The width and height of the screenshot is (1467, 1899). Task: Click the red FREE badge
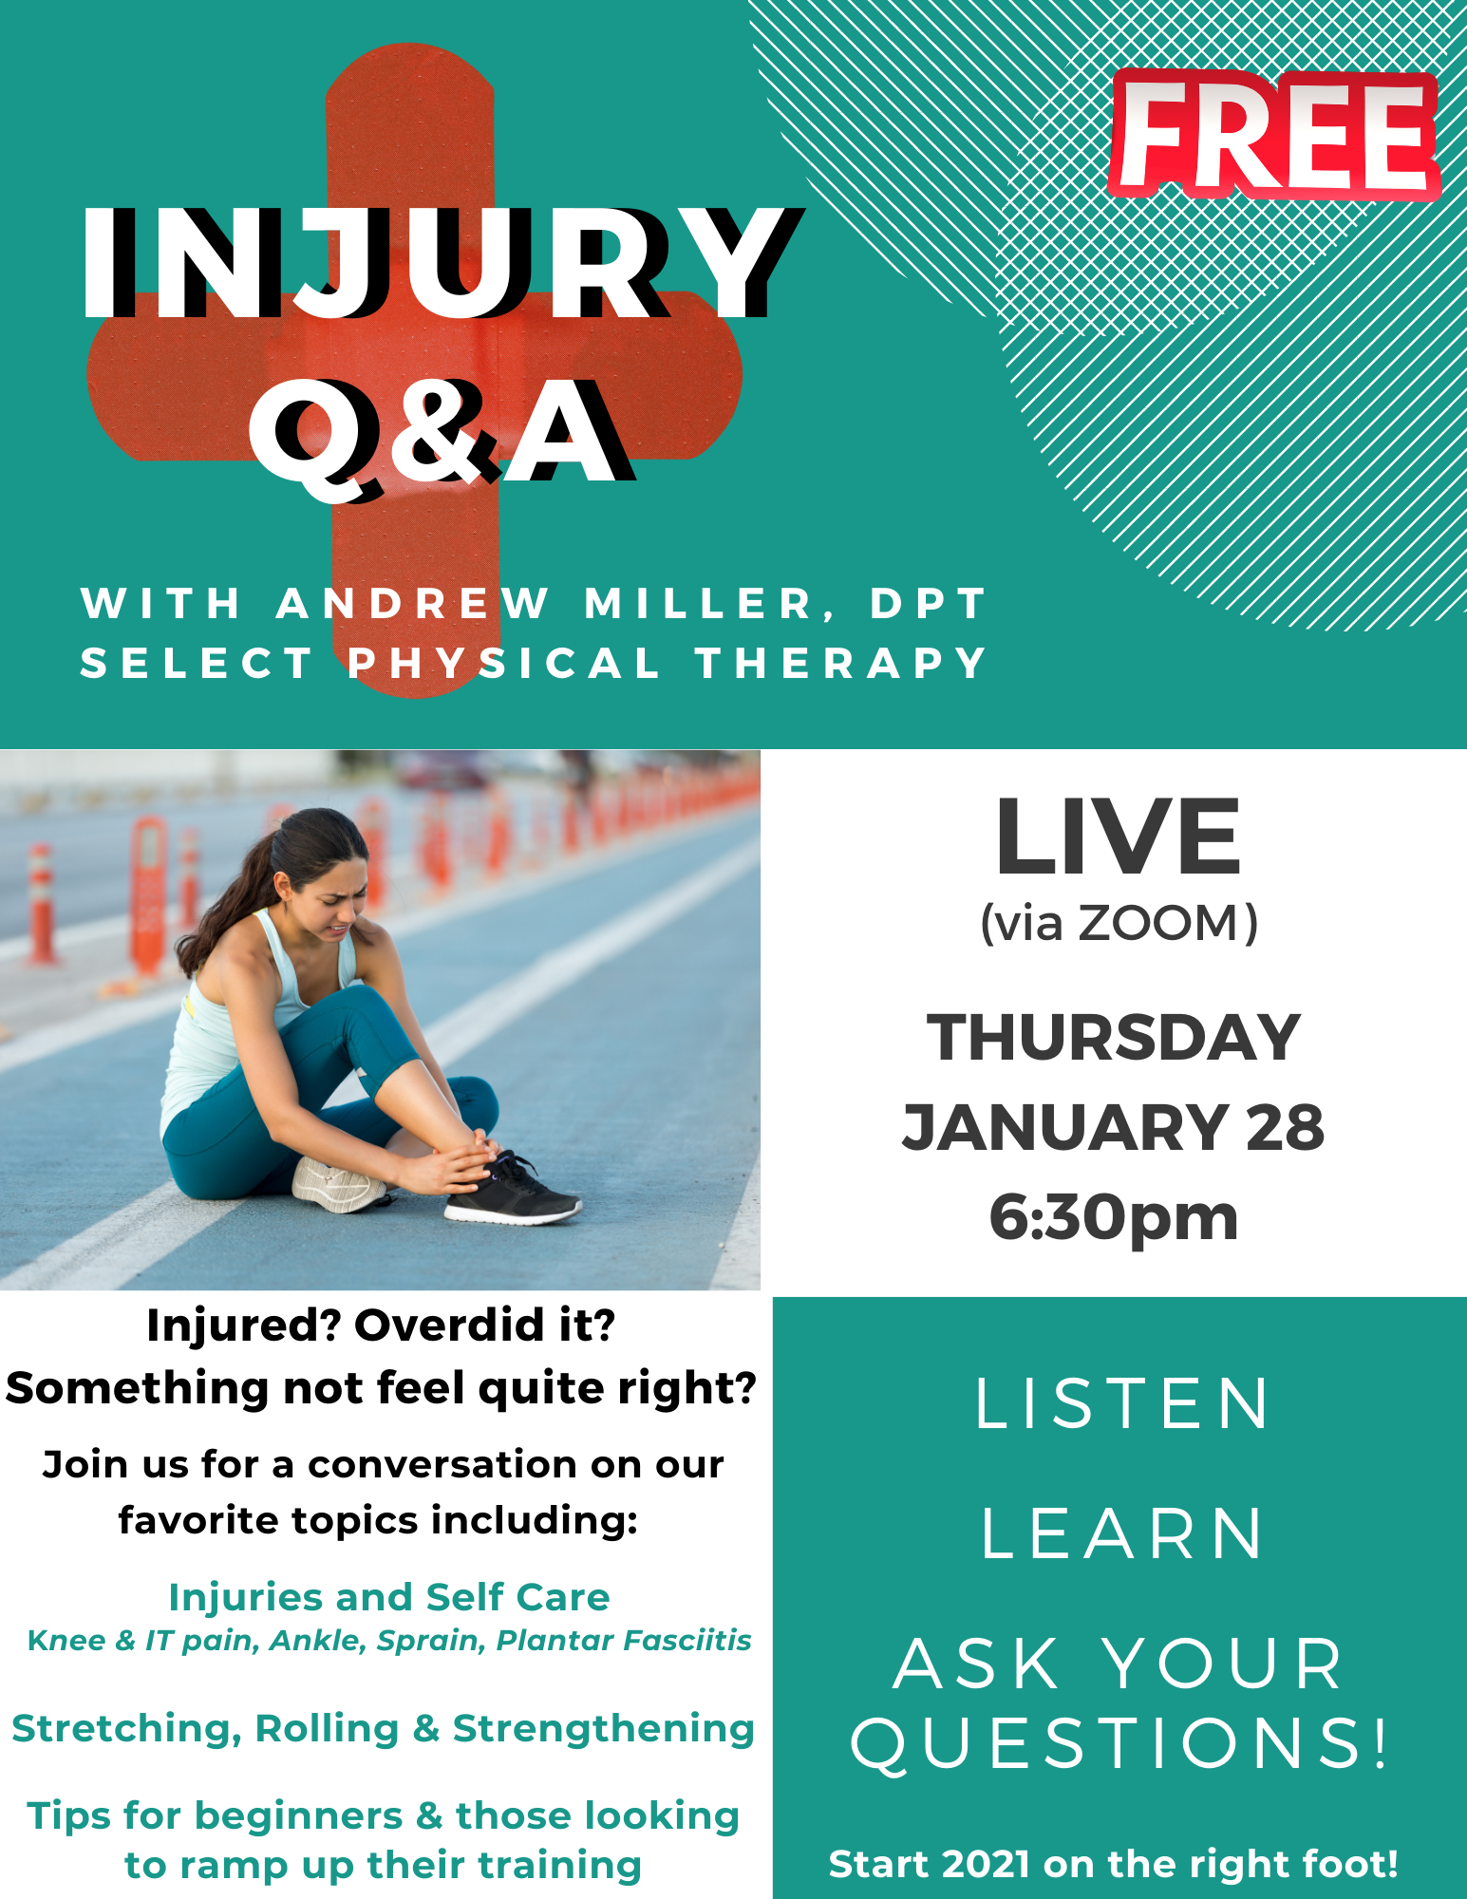click(1274, 134)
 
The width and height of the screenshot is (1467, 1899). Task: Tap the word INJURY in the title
click(441, 263)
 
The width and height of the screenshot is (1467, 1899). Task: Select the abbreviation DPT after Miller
click(928, 604)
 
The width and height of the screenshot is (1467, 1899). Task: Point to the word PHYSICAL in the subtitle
click(503, 663)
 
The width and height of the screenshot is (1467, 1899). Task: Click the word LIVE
click(1119, 837)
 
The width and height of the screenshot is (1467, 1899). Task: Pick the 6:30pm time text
click(1114, 1217)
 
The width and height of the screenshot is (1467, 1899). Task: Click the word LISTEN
click(1121, 1403)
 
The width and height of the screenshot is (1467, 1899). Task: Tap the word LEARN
click(1121, 1533)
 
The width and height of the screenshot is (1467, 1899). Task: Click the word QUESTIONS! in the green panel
click(1120, 1743)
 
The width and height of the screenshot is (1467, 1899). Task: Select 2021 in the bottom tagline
click(987, 1864)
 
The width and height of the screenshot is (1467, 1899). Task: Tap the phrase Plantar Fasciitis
click(624, 1641)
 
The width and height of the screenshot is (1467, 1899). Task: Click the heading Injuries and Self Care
click(389, 1597)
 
